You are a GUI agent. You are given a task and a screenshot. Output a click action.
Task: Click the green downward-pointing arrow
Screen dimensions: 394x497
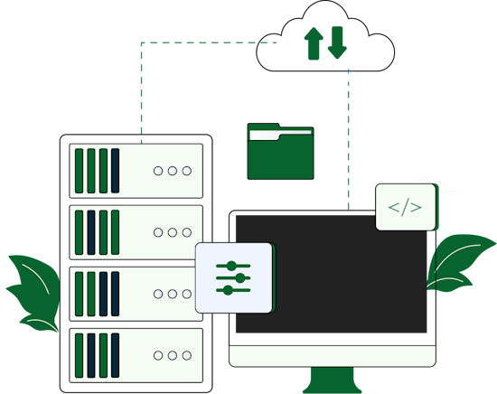pos(337,42)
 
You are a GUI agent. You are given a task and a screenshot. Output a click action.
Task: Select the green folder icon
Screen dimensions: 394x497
pos(280,153)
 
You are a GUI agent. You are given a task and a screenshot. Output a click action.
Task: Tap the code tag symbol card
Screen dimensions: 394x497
pos(406,208)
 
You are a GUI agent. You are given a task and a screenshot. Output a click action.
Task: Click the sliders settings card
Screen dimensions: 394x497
pos(233,277)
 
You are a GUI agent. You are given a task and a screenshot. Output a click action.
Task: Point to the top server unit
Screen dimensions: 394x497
pos(136,171)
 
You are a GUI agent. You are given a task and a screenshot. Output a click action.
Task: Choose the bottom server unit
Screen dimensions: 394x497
pos(136,355)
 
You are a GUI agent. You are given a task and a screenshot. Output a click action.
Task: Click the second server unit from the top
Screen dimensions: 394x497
pos(136,232)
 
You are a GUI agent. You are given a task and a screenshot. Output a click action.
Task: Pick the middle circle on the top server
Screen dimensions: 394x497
pos(173,171)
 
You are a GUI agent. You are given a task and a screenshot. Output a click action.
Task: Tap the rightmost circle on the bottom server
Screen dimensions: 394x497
pos(187,355)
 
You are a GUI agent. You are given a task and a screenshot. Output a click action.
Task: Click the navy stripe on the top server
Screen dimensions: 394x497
pos(115,171)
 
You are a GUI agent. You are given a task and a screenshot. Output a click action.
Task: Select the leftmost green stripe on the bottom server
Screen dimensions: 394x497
pos(79,355)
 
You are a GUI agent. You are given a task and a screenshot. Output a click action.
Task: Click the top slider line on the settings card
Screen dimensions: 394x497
pos(233,266)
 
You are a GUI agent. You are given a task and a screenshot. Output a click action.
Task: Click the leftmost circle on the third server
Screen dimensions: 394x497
pos(158,294)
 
